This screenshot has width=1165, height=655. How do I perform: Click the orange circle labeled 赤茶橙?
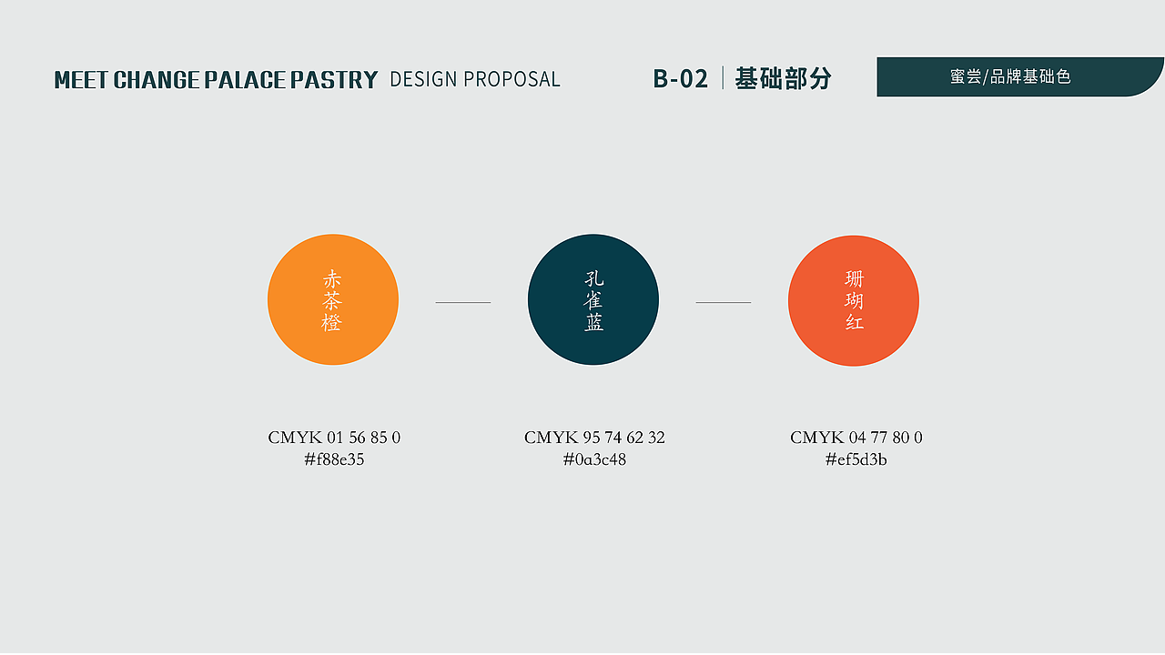coord(333,299)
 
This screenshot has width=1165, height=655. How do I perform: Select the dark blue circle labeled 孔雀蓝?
coord(593,299)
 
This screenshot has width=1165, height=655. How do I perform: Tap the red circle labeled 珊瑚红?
coord(854,301)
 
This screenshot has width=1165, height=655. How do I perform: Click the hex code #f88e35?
coord(334,459)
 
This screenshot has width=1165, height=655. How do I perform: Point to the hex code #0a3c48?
coord(594,459)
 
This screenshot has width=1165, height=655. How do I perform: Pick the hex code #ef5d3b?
coord(856,459)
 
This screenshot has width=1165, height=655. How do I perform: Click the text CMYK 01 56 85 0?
coord(334,438)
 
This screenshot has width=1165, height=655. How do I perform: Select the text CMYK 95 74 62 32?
coord(594,438)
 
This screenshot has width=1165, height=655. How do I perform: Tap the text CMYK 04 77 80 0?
coord(856,438)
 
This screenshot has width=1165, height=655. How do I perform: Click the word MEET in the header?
coord(81,79)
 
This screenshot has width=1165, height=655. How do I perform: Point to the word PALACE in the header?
coord(245,79)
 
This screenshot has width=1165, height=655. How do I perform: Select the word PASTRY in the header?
coord(334,79)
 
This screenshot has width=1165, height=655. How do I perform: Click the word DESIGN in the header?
coord(423,79)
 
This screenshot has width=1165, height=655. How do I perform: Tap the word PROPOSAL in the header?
coord(512,79)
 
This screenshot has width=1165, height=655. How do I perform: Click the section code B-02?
coord(680,79)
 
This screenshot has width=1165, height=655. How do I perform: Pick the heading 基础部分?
coord(784,78)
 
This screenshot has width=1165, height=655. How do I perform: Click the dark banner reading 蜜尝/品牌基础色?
coord(1019,77)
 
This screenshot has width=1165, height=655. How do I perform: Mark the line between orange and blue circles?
coord(463,302)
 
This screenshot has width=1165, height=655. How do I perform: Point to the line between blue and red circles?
coord(724,302)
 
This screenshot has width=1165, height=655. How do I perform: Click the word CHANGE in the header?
coord(156,79)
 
